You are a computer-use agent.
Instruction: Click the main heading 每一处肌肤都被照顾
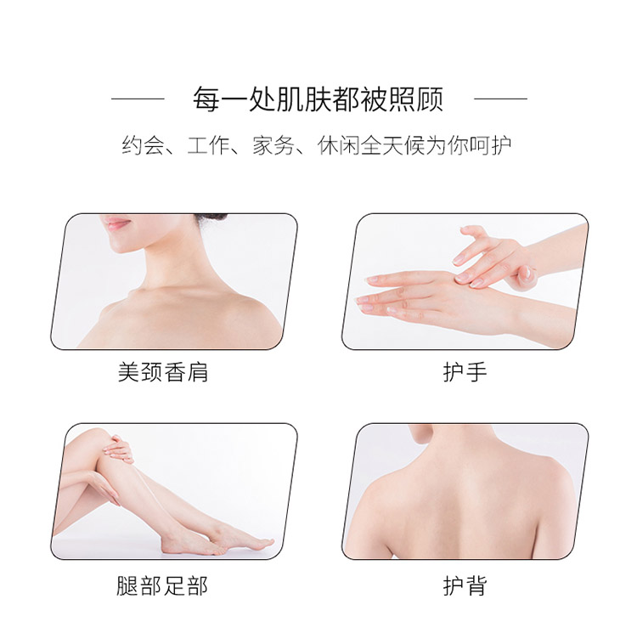(318, 99)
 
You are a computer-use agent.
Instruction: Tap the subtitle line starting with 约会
(317, 145)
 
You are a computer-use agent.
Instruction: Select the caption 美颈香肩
(163, 372)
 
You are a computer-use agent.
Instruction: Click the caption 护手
(465, 372)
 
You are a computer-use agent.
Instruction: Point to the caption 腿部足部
(162, 585)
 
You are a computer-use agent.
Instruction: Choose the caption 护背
(465, 585)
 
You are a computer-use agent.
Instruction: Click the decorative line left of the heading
(138, 99)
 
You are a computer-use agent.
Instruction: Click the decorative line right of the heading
(500, 99)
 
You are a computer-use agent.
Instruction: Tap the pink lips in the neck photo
(116, 223)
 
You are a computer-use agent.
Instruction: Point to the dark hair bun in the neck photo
(211, 219)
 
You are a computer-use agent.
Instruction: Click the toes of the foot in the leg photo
(262, 542)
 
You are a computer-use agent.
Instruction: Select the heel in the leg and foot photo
(168, 546)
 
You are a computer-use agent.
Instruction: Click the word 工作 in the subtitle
(208, 145)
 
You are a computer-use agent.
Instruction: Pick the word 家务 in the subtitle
(273, 145)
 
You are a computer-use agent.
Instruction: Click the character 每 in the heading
(206, 99)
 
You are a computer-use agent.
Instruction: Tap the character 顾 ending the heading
(430, 99)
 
